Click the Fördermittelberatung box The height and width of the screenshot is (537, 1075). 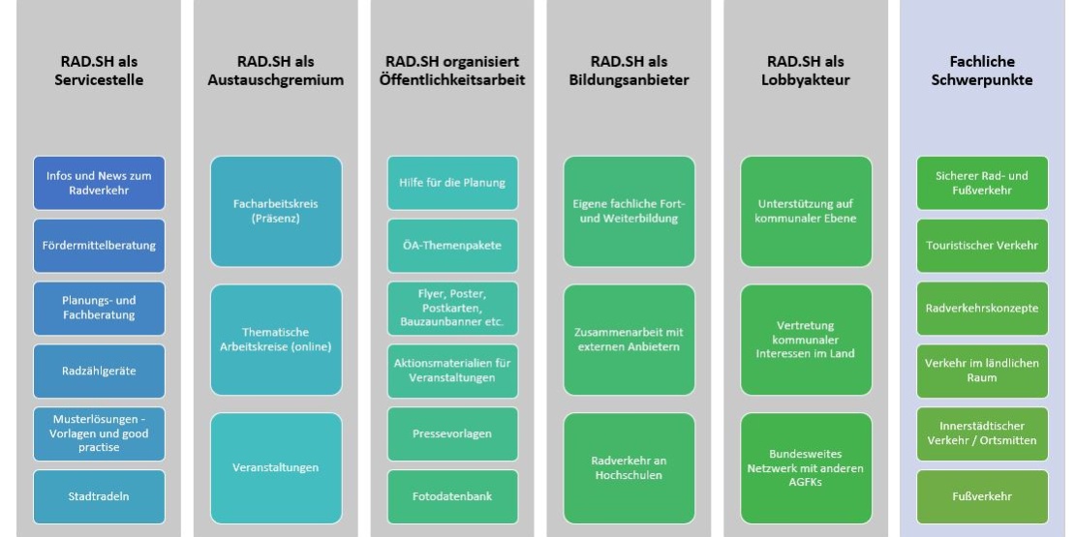100,246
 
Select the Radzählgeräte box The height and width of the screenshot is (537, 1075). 100,372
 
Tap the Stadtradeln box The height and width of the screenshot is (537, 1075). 100,497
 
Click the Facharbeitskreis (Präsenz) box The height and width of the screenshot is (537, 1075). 276,211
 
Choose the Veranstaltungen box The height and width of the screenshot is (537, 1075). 276,468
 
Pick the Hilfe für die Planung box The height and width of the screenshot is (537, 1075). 452,183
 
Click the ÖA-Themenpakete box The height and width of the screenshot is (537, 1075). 452,246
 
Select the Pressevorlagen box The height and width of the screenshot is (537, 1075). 452,434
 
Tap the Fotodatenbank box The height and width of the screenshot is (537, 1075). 452,497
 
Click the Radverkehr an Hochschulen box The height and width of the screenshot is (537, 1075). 629,468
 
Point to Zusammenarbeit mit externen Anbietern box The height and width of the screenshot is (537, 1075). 629,340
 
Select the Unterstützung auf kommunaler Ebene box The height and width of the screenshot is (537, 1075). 806,211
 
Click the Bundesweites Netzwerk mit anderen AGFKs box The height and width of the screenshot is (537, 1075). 806,468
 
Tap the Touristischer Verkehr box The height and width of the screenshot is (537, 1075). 982,246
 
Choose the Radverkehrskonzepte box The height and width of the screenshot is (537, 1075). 982,309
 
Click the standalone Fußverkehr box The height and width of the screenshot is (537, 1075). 982,497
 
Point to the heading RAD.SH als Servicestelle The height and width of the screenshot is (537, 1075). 100,72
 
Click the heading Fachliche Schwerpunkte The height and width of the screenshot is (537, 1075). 982,72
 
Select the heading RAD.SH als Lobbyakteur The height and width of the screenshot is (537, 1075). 806,72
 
